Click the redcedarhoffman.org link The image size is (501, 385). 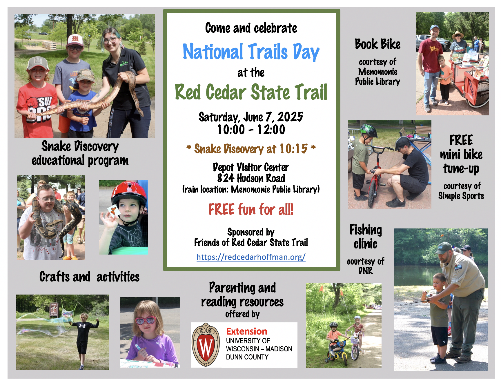(251, 257)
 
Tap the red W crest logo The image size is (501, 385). (206, 345)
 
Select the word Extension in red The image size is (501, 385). (246, 331)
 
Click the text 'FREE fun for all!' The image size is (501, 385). (251, 209)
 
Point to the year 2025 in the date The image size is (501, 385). (290, 117)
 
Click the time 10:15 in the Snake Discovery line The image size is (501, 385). (293, 149)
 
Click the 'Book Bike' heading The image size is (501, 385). (377, 44)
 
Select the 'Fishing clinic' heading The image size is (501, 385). (366, 237)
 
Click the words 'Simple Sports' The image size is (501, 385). (461, 196)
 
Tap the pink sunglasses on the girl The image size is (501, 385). (146, 320)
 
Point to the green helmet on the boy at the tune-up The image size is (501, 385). (368, 131)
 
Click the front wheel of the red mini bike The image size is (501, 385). (372, 194)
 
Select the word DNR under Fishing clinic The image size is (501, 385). (365, 271)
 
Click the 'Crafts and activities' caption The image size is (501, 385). (89, 277)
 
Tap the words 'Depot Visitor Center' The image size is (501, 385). (251, 167)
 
